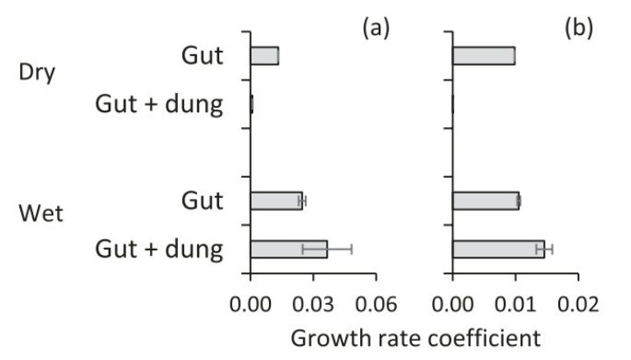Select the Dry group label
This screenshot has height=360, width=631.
tap(38, 71)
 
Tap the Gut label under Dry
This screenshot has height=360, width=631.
tap(202, 56)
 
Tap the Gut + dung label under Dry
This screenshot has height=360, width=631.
tap(159, 104)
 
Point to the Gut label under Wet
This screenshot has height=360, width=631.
tap(202, 201)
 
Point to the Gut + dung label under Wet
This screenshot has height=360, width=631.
tap(159, 250)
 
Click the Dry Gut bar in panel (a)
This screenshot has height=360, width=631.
tap(265, 56)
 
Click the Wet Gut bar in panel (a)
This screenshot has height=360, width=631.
tap(276, 201)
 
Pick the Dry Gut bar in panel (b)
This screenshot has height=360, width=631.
tap(484, 56)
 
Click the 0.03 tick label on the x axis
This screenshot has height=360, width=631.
tap(314, 306)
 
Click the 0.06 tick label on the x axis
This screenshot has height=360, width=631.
tap(377, 306)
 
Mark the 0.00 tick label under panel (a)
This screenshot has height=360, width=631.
tap(251, 306)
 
